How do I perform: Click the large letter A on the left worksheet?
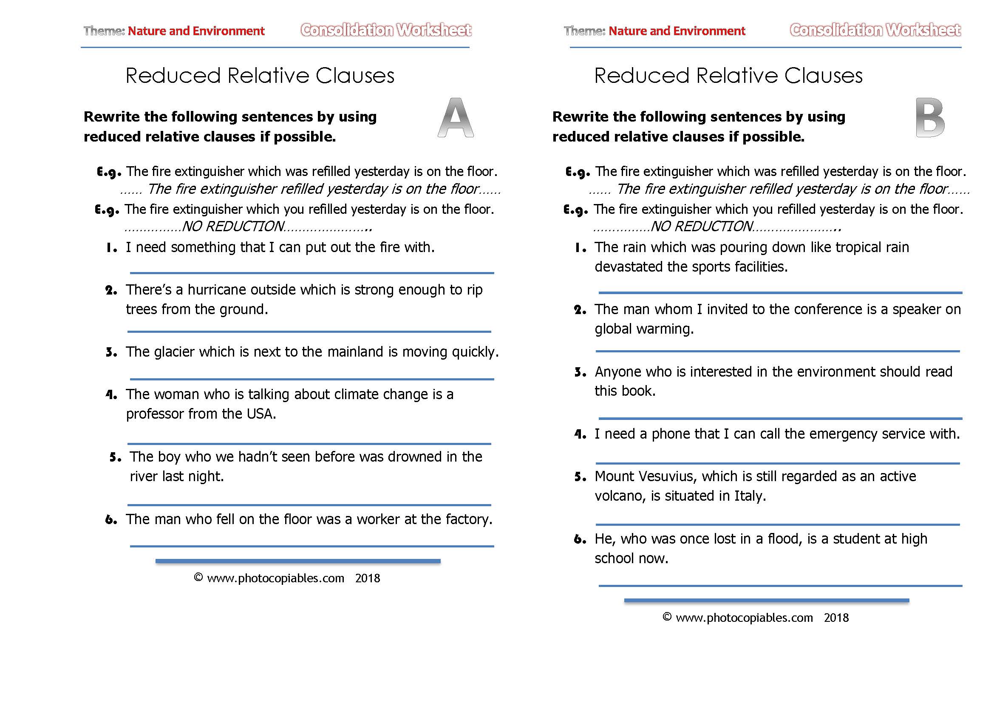coord(456,118)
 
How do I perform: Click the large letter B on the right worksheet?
coord(930,118)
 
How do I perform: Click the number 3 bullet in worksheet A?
coord(111,352)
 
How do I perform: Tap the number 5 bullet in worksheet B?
coord(580,477)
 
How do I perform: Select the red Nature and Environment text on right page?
coord(676,31)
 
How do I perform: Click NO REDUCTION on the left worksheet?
coord(233,227)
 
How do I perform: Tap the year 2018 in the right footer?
coord(835,618)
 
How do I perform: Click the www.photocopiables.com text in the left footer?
coord(275,578)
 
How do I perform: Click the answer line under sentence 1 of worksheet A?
coord(312,273)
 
